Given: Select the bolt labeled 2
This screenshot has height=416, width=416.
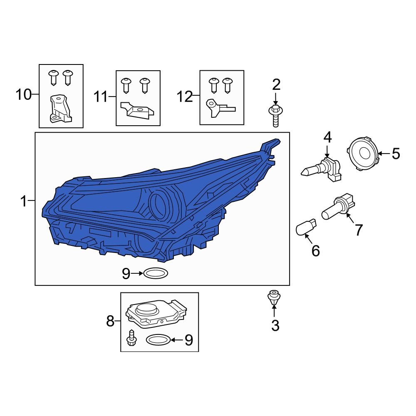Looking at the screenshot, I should [275, 115].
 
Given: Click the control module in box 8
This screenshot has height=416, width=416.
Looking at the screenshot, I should [156, 314].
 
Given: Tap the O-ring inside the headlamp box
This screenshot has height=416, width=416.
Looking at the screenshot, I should [156, 273].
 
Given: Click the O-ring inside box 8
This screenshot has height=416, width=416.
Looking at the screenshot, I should [158, 340].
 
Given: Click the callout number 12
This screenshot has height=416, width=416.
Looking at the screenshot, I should [185, 97].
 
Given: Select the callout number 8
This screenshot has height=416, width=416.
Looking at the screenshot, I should [110, 321].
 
